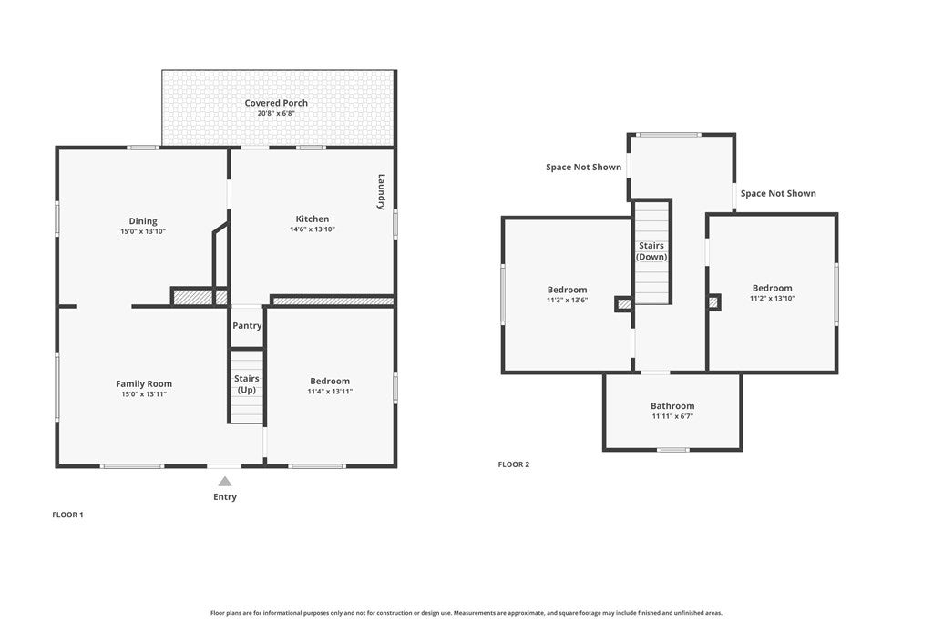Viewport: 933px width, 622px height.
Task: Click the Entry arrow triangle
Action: pos(225,482)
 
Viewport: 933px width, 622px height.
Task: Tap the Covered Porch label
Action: pos(276,103)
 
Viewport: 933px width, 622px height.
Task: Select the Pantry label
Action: pos(247,326)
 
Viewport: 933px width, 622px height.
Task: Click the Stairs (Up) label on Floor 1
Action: pos(246,384)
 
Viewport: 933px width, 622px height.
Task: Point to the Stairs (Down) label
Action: pos(651,251)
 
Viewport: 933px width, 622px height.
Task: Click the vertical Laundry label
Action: pos(382,191)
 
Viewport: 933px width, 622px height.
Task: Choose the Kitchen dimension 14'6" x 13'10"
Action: pos(313,229)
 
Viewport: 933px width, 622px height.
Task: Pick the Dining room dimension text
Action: pos(143,231)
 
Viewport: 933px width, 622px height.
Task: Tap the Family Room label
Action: pos(144,384)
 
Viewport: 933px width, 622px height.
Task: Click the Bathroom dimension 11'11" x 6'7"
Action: pos(672,416)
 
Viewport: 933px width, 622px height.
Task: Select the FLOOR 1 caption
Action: pos(67,515)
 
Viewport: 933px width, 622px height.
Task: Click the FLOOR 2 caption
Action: pos(514,464)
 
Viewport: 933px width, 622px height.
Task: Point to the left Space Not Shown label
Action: pos(584,167)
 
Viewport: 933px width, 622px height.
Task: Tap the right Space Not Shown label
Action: pos(778,193)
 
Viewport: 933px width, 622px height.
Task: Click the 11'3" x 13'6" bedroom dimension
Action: pos(567,301)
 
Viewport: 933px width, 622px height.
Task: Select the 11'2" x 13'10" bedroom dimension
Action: pos(773,299)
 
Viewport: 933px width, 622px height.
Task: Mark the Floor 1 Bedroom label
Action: pos(330,382)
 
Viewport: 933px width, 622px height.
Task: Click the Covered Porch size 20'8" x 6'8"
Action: pos(276,113)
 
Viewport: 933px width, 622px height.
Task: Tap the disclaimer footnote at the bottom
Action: pos(466,613)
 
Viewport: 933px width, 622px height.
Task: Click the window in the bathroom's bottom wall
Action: pos(673,450)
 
